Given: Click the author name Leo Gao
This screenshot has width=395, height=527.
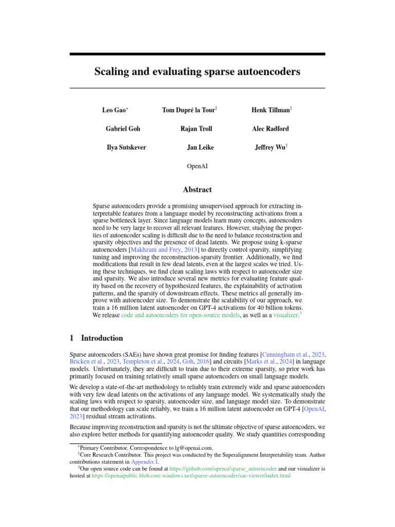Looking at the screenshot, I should pos(114,110).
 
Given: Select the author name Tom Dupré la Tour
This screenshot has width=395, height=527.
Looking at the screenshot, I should pos(188,110).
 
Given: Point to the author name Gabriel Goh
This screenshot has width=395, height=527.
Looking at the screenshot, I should pos(122,129).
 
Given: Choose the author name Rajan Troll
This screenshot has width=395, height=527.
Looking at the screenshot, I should pos(196,129).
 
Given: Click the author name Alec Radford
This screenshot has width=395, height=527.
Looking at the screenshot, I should pos(270,129).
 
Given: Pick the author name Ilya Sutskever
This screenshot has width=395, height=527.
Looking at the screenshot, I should pos(126,147).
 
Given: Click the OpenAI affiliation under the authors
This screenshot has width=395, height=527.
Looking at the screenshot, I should pos(197,166).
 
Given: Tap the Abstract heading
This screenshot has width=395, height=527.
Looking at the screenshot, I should pos(197,190).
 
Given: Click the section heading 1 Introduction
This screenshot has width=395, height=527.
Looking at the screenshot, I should pos(96,338).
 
